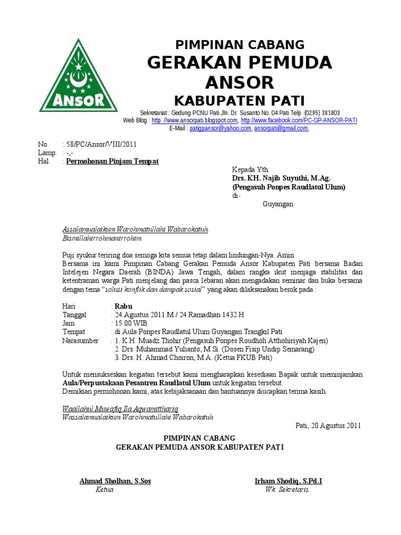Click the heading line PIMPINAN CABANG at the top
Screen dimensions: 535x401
coord(240,44)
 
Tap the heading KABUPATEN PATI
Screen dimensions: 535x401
coord(240,100)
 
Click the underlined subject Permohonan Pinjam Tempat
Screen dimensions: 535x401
coord(112,161)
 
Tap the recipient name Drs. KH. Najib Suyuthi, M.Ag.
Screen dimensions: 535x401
coord(281,178)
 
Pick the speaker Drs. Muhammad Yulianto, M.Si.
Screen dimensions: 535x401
coord(214,349)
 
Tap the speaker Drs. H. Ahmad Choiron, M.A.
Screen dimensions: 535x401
coord(193,358)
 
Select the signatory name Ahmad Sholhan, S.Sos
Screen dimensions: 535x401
coord(115,481)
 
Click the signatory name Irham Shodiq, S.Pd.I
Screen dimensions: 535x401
coord(288,481)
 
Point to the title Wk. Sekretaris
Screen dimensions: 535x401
coord(287,490)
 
